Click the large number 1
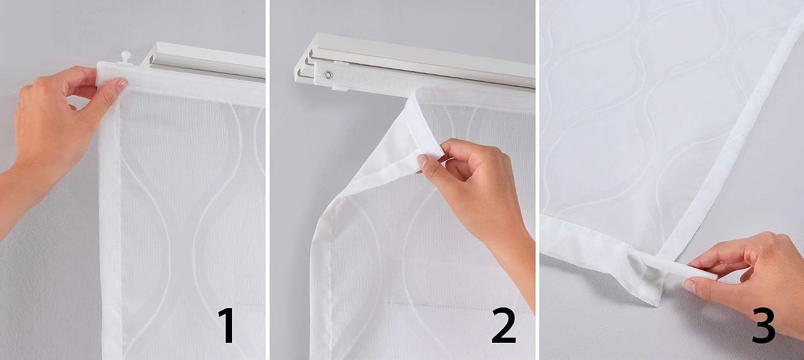click(227, 325)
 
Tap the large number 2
click(504, 325)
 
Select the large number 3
click(763, 325)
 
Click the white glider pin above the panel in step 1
click(125, 57)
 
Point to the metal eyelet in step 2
click(327, 74)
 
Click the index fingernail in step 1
click(121, 85)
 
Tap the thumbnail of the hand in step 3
click(690, 286)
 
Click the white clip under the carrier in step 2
click(340, 87)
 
